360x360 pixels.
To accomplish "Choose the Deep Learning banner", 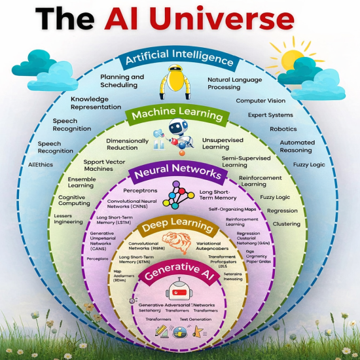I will tap(179, 226).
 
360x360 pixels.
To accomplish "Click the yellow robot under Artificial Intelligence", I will tap(177, 82).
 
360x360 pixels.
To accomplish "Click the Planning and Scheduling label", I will tap(122, 81).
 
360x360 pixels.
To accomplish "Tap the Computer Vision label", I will tap(261, 101).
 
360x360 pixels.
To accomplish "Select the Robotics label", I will tap(283, 129).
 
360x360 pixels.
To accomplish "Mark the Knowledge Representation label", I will tap(96, 103).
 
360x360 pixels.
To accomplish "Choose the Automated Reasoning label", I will tap(297, 146).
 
